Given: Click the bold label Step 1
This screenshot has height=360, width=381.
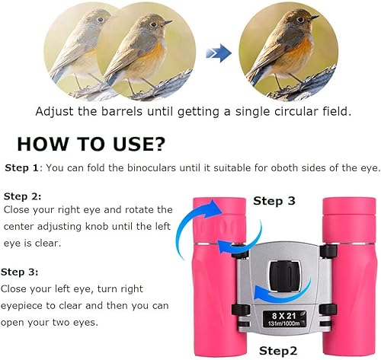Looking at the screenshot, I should pos(21,167).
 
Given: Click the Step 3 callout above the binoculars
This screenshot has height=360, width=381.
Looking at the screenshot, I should pos(274,201).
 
